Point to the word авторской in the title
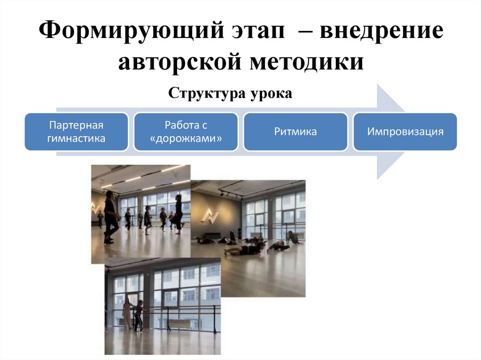click(177, 62)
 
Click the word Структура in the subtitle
click(205, 93)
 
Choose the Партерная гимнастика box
click(76, 132)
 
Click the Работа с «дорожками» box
click(186, 132)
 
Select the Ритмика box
click(295, 132)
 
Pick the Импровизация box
click(405, 132)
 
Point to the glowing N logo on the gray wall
click(207, 215)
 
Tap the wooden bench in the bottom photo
click(179, 324)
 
